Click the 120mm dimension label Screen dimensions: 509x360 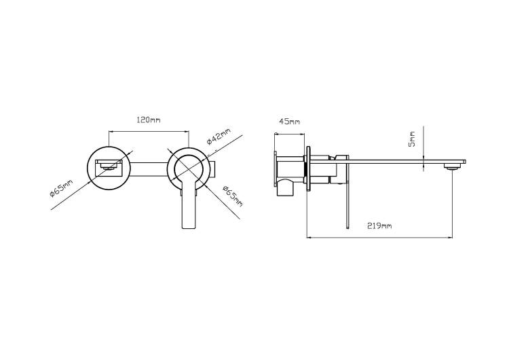point(149,120)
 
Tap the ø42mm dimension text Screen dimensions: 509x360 point(219,136)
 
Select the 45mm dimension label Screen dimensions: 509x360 point(290,122)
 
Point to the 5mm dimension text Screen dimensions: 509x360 point(412,139)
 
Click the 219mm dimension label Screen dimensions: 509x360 point(379,226)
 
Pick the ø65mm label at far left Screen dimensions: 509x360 point(61,188)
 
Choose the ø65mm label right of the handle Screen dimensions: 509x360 point(233,196)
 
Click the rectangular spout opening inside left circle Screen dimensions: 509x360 point(109,168)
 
